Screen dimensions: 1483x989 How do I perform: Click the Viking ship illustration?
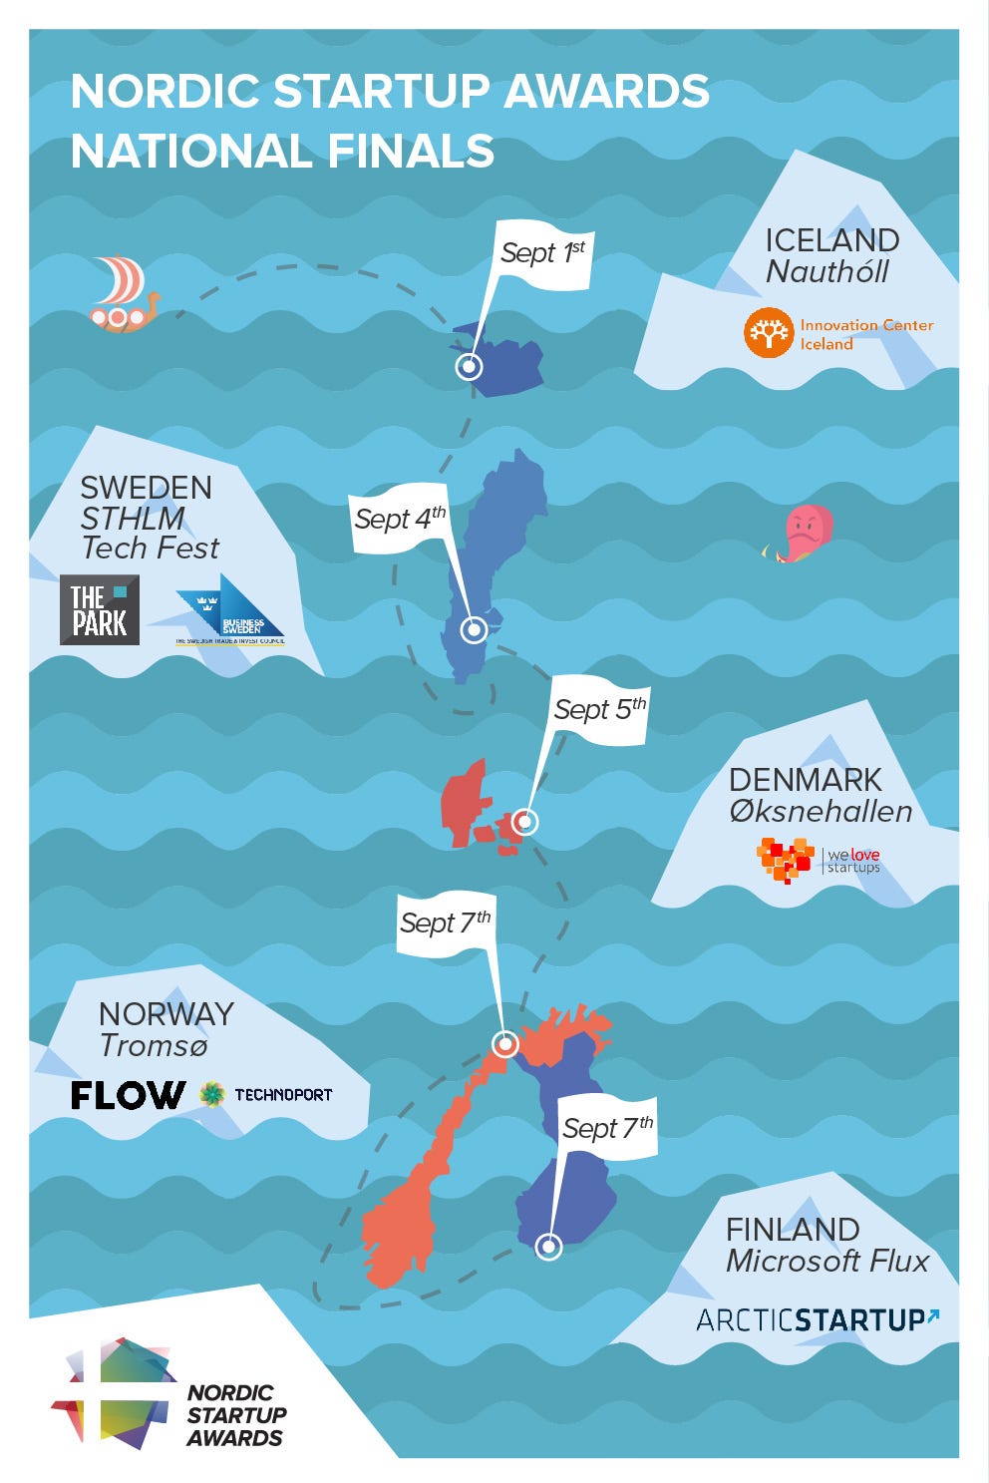122,293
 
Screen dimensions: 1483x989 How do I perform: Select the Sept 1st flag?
542,253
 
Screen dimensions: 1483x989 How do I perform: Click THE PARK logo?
100,610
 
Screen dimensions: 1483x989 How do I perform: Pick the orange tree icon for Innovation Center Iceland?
769,333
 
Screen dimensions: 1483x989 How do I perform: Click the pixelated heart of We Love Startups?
786,860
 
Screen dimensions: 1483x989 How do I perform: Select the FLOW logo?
128,1095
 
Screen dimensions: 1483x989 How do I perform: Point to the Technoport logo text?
283,1095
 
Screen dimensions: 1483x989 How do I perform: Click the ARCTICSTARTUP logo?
817,1320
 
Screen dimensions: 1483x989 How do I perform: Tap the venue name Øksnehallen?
821,812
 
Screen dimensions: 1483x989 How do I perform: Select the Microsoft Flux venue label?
827,1262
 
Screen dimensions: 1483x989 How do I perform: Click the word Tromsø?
154,1045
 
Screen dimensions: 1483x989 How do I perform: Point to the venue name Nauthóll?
827,272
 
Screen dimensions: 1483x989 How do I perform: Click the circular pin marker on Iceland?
469,367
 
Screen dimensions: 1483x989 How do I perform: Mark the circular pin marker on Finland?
548,1247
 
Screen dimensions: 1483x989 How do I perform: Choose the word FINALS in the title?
411,152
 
